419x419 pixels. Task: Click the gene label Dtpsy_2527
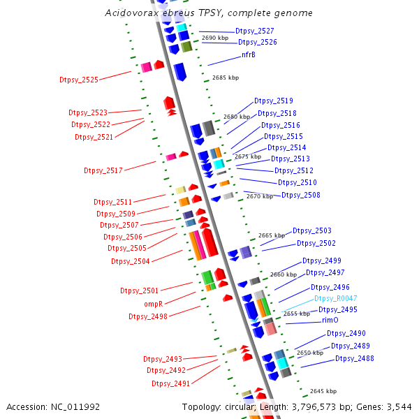(x=254, y=31)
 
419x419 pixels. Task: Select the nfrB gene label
(x=249, y=54)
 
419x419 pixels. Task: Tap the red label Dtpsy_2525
(x=79, y=80)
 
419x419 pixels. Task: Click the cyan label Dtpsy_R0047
(x=335, y=298)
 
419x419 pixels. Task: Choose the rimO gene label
(x=330, y=320)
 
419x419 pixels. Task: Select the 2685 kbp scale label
(x=225, y=78)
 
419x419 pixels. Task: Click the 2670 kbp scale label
(x=260, y=197)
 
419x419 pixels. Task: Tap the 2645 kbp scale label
(x=323, y=391)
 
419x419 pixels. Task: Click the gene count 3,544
(x=399, y=406)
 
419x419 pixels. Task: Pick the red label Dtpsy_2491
(x=171, y=383)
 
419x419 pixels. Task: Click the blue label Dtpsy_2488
(x=354, y=358)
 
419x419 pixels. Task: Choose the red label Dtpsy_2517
(x=103, y=170)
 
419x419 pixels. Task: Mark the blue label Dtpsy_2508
(x=301, y=195)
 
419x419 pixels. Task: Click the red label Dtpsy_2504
(x=131, y=261)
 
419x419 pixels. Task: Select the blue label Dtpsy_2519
(x=274, y=101)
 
